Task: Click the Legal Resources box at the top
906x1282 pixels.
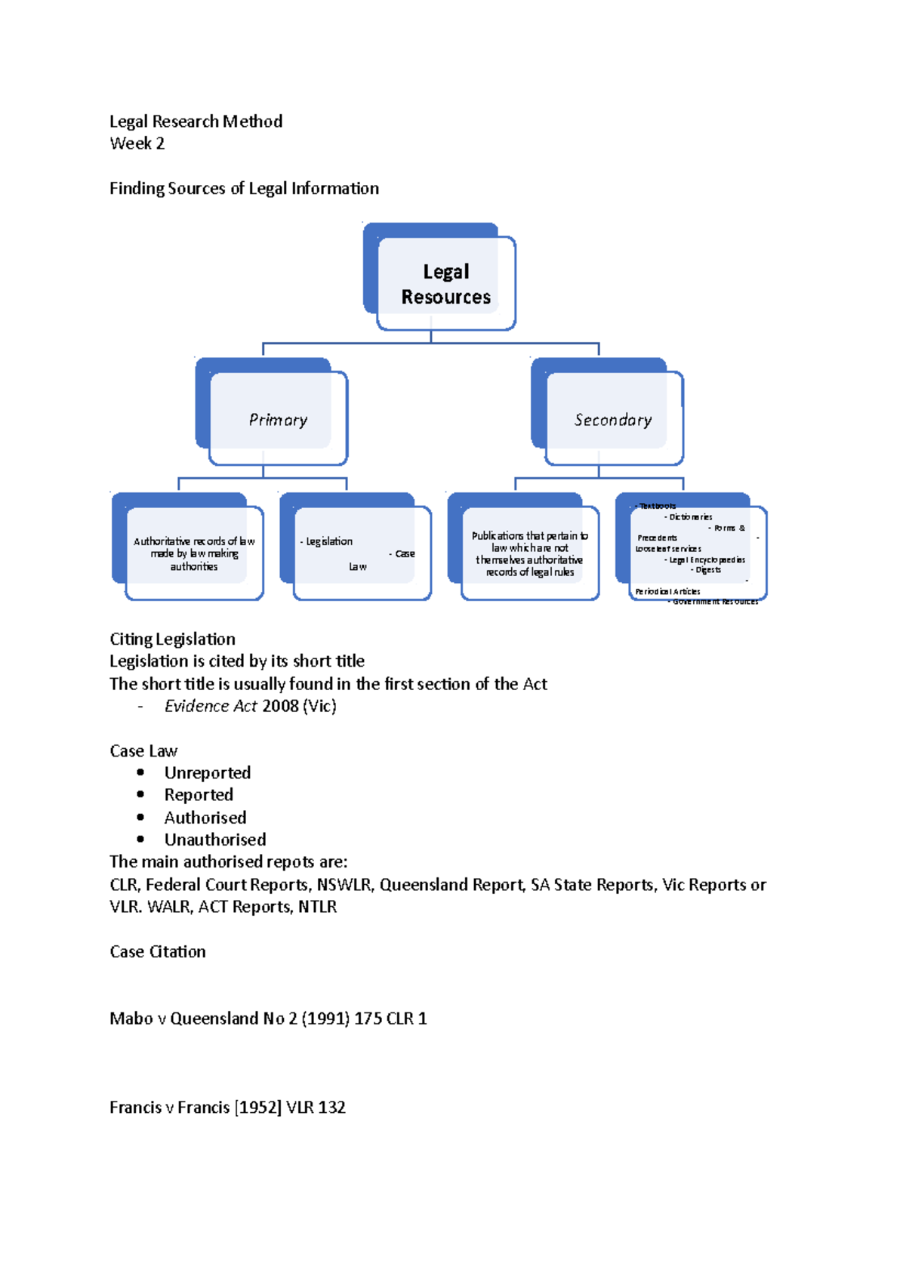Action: tap(445, 283)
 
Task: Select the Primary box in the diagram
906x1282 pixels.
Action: tap(278, 419)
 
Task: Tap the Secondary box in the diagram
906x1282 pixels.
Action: tap(612, 419)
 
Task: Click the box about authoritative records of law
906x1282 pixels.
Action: tap(194, 553)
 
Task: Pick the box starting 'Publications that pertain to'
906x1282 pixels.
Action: tap(529, 553)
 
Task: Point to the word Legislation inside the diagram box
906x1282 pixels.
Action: tap(329, 541)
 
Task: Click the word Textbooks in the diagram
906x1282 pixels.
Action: tap(658, 506)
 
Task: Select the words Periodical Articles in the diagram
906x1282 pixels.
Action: tap(667, 591)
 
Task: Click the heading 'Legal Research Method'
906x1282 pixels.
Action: tap(196, 122)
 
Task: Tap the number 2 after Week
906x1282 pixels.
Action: tap(160, 143)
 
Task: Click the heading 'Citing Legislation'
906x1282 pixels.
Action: tap(172, 639)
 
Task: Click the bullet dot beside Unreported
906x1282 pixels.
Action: tap(140, 772)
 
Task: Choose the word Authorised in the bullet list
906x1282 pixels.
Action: tap(205, 818)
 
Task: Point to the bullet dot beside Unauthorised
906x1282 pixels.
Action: tap(140, 840)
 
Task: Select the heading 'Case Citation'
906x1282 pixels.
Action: tap(157, 951)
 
